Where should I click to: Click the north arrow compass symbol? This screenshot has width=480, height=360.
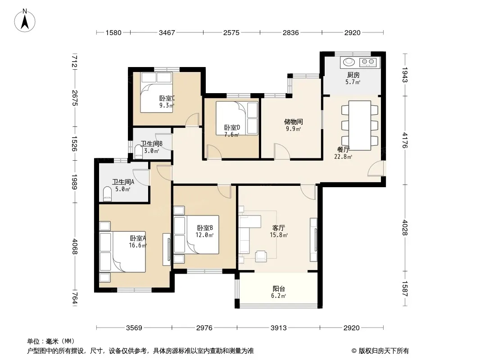click(x=25, y=20)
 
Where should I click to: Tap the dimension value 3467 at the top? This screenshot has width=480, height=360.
click(x=167, y=32)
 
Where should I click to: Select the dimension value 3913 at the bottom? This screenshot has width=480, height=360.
click(x=279, y=328)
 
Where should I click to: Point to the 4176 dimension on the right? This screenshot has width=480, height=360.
click(x=405, y=140)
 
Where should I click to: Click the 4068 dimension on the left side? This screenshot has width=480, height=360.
click(x=74, y=247)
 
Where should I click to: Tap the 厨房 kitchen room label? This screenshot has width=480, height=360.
click(x=353, y=75)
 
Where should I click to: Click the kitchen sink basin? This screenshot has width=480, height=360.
click(x=349, y=62)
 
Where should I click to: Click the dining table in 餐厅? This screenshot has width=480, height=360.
click(x=360, y=126)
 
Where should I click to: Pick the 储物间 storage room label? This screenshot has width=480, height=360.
click(x=293, y=122)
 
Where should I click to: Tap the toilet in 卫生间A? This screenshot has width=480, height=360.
click(x=107, y=194)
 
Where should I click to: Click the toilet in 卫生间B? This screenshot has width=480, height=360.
click(x=138, y=152)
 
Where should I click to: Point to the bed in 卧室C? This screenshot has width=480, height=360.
click(x=156, y=92)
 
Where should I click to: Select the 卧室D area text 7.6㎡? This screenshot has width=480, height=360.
click(x=232, y=135)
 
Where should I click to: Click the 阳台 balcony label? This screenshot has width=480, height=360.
click(x=279, y=288)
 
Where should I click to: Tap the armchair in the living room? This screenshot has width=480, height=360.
click(x=261, y=256)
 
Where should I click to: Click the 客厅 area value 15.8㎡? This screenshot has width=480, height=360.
click(x=279, y=235)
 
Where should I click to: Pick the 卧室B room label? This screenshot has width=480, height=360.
click(x=205, y=228)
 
